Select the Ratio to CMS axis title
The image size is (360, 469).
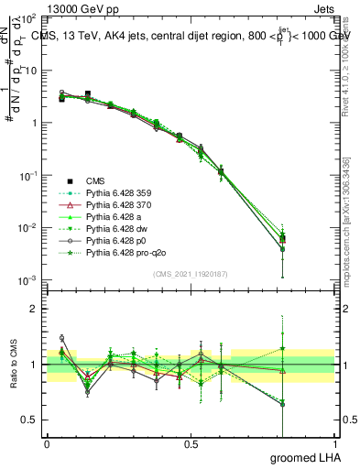[14, 365]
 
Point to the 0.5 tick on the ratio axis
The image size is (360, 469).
[33, 420]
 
